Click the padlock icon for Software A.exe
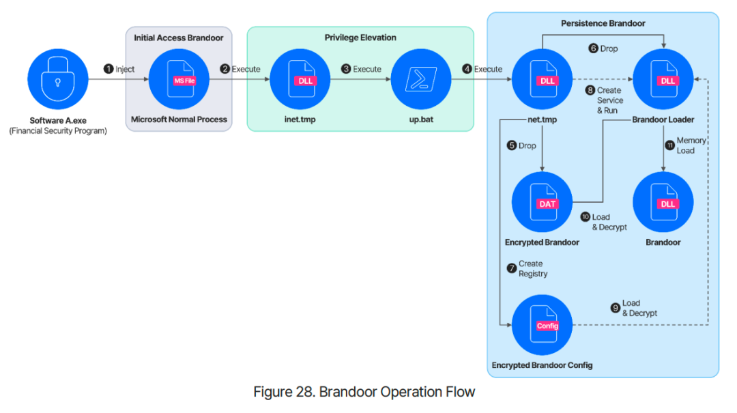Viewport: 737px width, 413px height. [x=58, y=79]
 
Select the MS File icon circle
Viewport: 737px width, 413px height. [x=179, y=79]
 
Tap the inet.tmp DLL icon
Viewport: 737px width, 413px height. [x=300, y=79]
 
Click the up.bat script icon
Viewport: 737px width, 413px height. [x=421, y=79]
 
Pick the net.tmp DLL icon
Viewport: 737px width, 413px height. [x=542, y=79]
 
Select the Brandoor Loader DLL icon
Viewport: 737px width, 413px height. [x=663, y=79]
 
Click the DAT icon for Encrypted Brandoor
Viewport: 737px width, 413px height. [x=542, y=202]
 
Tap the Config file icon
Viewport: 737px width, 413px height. [x=542, y=325]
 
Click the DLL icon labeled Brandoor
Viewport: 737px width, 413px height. [x=663, y=202]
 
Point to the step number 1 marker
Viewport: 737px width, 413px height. [x=109, y=69]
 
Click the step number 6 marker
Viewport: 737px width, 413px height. [x=593, y=48]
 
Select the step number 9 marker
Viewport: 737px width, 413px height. [x=616, y=308]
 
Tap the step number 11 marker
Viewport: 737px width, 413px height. [x=670, y=145]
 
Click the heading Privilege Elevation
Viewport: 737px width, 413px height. [x=360, y=38]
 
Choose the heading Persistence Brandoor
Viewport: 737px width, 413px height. [x=603, y=23]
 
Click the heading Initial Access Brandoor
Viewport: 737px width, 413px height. [x=179, y=38]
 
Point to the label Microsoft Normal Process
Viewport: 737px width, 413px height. [x=179, y=119]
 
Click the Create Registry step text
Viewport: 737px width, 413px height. [x=533, y=268]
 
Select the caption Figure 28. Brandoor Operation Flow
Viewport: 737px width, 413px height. [x=364, y=392]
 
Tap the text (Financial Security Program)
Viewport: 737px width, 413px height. [x=58, y=131]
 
